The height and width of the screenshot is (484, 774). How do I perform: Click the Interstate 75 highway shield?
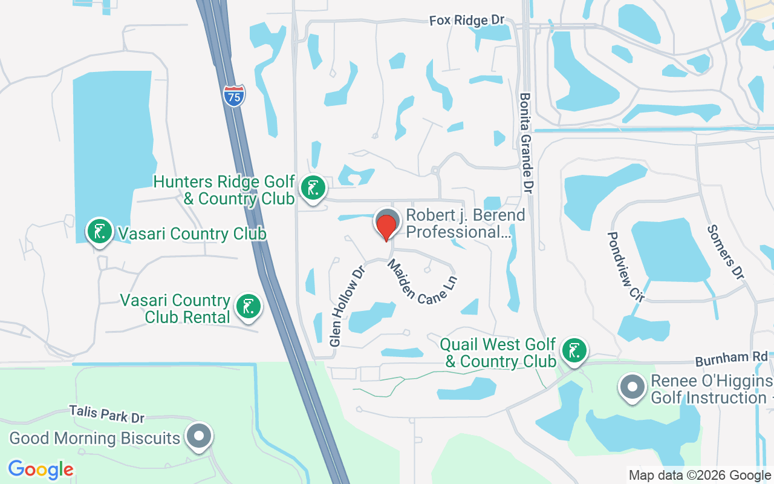[234, 96]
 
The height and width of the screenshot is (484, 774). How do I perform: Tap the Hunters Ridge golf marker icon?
[313, 188]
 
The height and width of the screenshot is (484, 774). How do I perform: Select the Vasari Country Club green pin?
[100, 231]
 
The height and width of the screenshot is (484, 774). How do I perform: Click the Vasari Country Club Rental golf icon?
[247, 307]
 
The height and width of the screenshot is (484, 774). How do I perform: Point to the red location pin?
[386, 226]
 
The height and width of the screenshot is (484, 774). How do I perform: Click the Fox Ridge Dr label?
[466, 21]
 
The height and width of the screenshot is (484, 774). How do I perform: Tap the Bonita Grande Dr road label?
[526, 143]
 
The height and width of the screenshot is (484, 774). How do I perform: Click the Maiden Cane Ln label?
[422, 281]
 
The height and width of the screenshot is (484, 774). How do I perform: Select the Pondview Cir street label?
[626, 266]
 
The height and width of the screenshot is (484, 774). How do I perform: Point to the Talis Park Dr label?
[106, 414]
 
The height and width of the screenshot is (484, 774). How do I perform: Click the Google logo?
[41, 469]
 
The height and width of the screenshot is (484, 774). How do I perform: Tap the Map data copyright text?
[700, 476]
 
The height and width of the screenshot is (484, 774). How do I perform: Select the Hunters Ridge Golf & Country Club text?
[224, 190]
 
